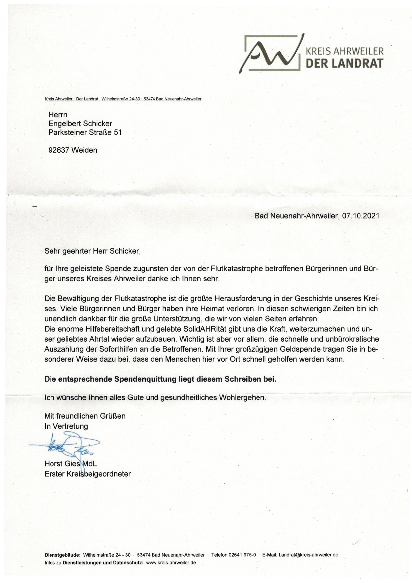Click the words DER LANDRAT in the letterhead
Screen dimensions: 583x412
click(344, 63)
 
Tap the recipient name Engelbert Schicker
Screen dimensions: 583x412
click(80, 124)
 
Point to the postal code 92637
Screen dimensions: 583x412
click(59, 150)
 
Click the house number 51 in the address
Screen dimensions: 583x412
click(118, 132)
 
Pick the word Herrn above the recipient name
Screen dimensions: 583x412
click(58, 115)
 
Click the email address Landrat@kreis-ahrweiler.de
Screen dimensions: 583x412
click(308, 555)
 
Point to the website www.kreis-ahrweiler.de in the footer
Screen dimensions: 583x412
click(171, 563)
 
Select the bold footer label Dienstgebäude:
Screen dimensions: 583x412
click(62, 555)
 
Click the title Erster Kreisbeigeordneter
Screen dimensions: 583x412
click(87, 474)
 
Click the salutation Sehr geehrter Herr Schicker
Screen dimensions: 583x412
click(92, 251)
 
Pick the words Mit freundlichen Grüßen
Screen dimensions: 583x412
click(85, 416)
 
